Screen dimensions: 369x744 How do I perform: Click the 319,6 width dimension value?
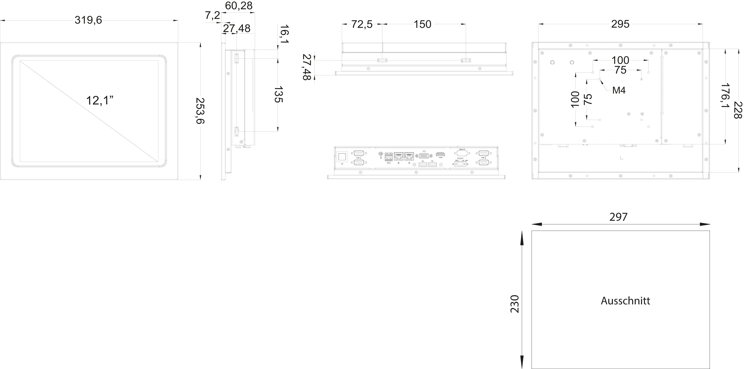tap(88, 20)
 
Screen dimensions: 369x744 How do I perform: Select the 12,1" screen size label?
tap(99, 100)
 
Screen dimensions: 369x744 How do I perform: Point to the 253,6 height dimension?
tap(200, 111)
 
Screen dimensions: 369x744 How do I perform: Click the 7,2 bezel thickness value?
tap(212, 16)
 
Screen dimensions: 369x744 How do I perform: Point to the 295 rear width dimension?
tap(620, 24)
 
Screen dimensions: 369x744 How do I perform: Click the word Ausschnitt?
tap(625, 301)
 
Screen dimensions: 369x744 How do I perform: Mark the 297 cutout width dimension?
tap(618, 217)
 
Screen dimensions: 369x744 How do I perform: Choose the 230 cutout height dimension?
tap(515, 304)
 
